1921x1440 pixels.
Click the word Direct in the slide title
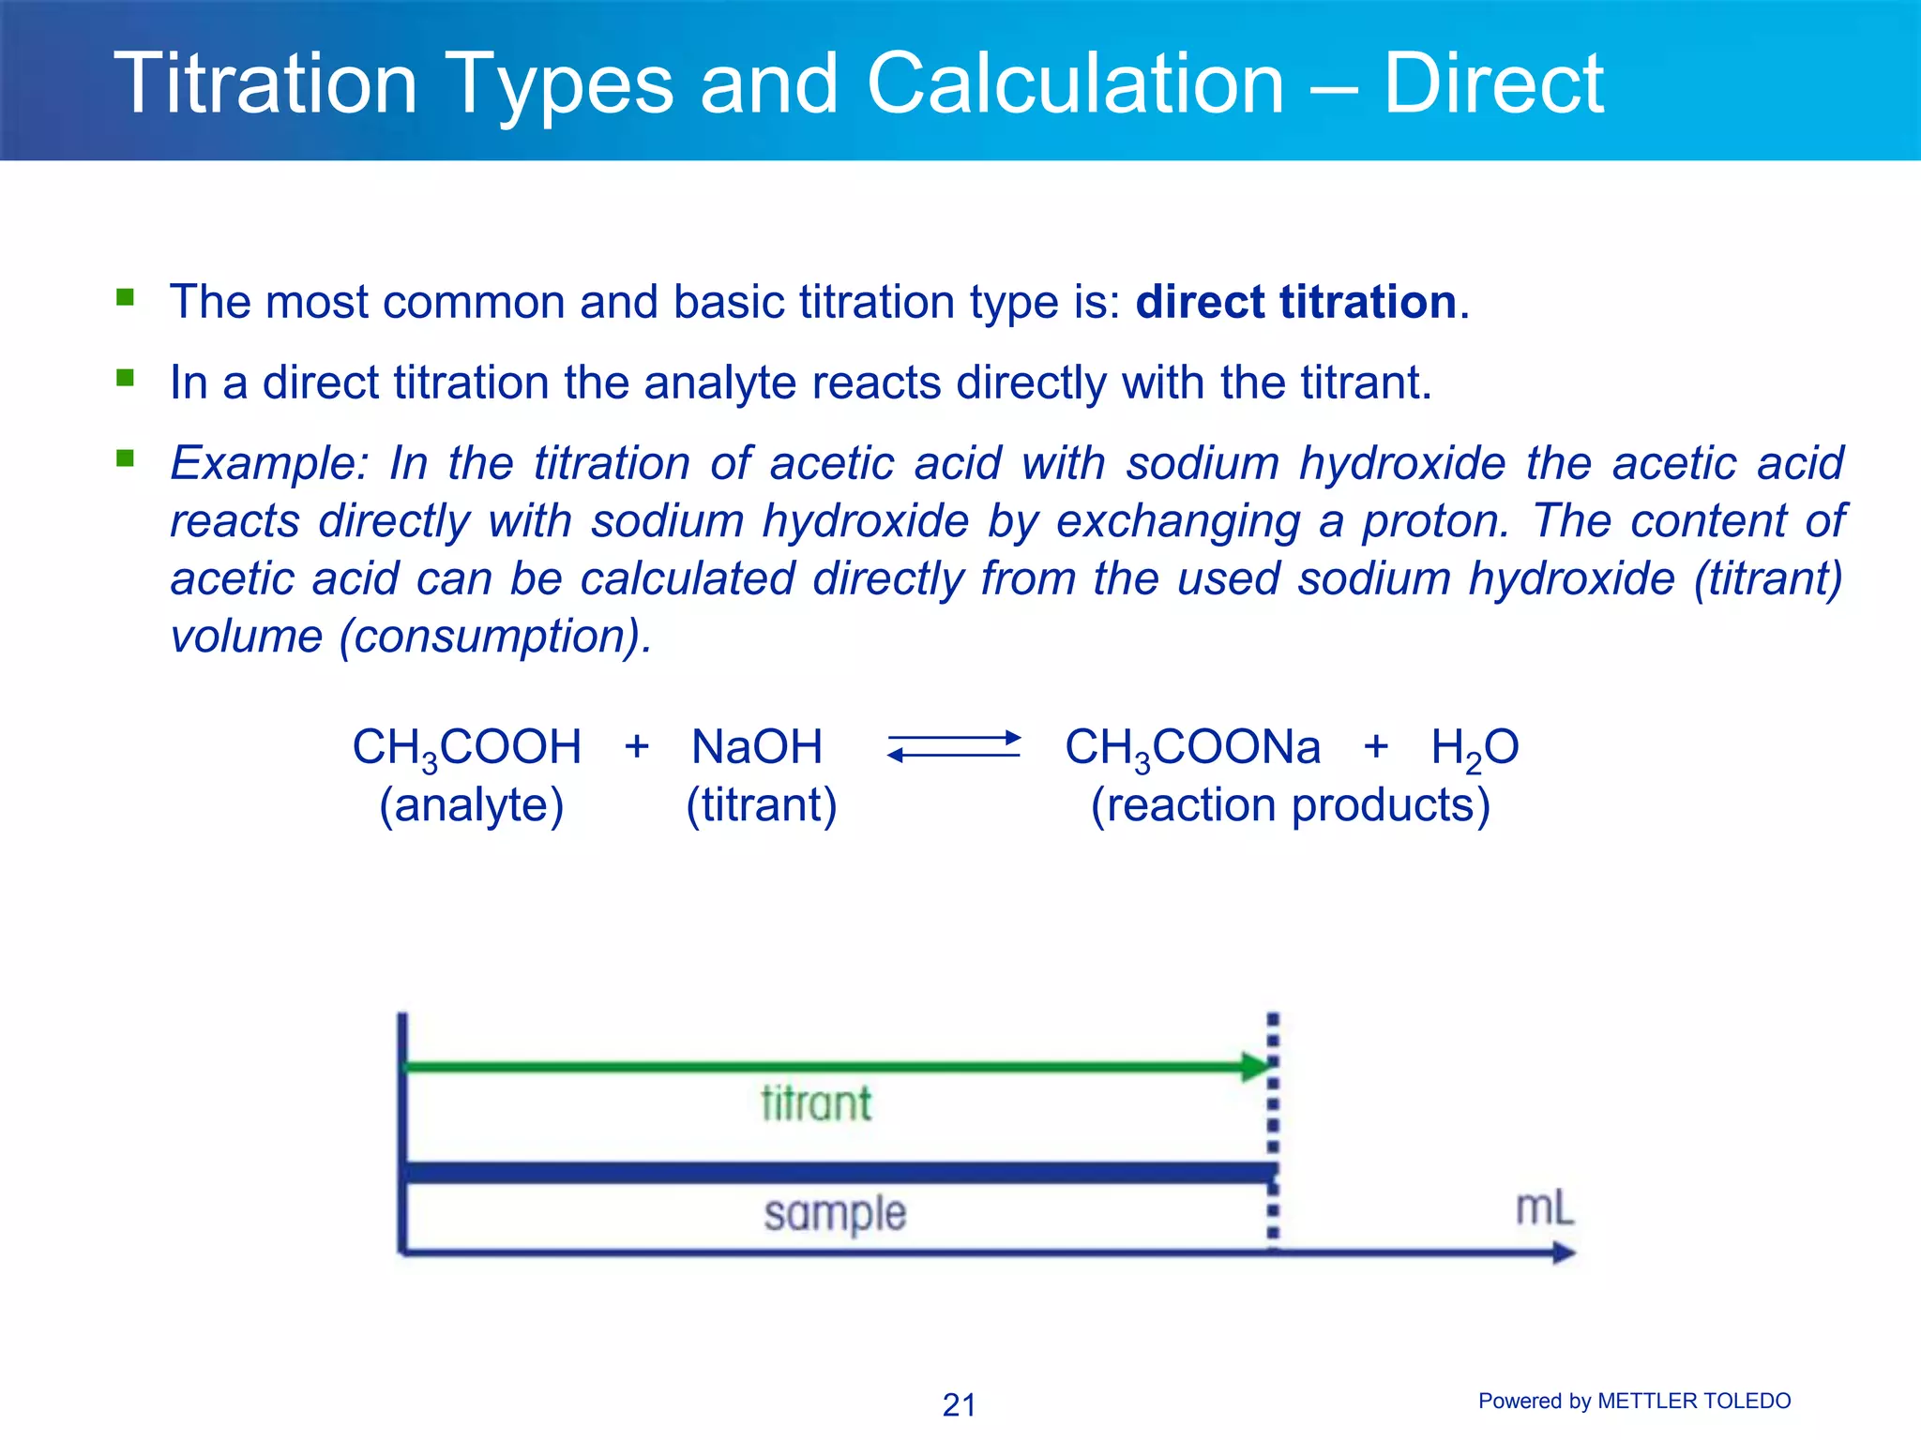point(1493,84)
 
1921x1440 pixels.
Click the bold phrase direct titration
point(1295,302)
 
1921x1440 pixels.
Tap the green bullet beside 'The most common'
point(125,298)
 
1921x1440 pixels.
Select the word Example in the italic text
point(269,463)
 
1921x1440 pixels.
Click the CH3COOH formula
point(466,748)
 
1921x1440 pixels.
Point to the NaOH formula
point(757,748)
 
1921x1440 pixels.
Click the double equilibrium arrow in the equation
point(954,747)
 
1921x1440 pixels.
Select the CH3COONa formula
point(1192,748)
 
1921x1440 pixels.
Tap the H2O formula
point(1475,748)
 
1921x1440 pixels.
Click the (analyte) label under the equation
point(471,805)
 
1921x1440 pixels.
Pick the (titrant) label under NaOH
point(761,805)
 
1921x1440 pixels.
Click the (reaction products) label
point(1290,805)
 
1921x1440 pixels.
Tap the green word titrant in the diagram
point(816,1103)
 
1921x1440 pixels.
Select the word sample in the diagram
point(835,1214)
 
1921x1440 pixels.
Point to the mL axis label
point(1544,1208)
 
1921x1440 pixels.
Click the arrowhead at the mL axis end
point(1564,1252)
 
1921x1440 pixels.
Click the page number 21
point(959,1404)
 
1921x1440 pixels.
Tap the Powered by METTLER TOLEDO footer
point(1634,1401)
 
